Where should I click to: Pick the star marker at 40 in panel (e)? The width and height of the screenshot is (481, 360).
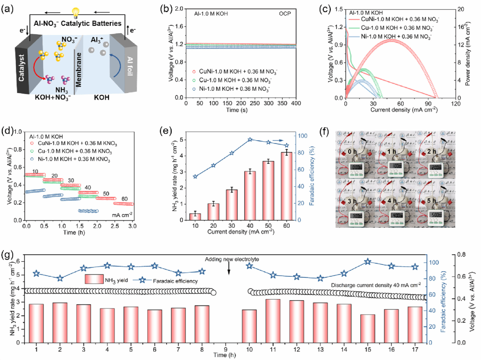tap(250, 139)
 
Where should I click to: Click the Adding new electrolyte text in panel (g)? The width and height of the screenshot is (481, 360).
tap(229, 259)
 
